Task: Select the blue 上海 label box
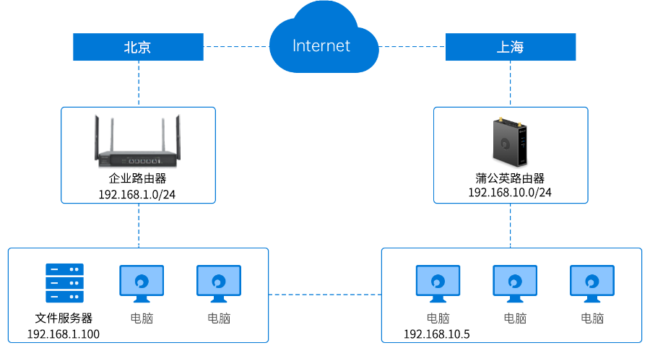pyautogui.click(x=510, y=48)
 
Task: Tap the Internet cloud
pyautogui.click(x=322, y=45)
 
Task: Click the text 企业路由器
pyautogui.click(x=137, y=178)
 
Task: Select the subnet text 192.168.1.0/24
pyautogui.click(x=137, y=194)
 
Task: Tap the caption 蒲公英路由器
pyautogui.click(x=510, y=178)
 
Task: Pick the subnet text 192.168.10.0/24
pyautogui.click(x=510, y=192)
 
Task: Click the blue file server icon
pyautogui.click(x=64, y=284)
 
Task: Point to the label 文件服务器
pyautogui.click(x=64, y=318)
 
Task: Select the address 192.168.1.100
pyautogui.click(x=64, y=334)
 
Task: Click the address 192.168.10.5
pyautogui.click(x=437, y=334)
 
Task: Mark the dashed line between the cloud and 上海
pyautogui.click(x=412, y=47)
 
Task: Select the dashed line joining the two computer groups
pyautogui.click(x=325, y=295)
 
